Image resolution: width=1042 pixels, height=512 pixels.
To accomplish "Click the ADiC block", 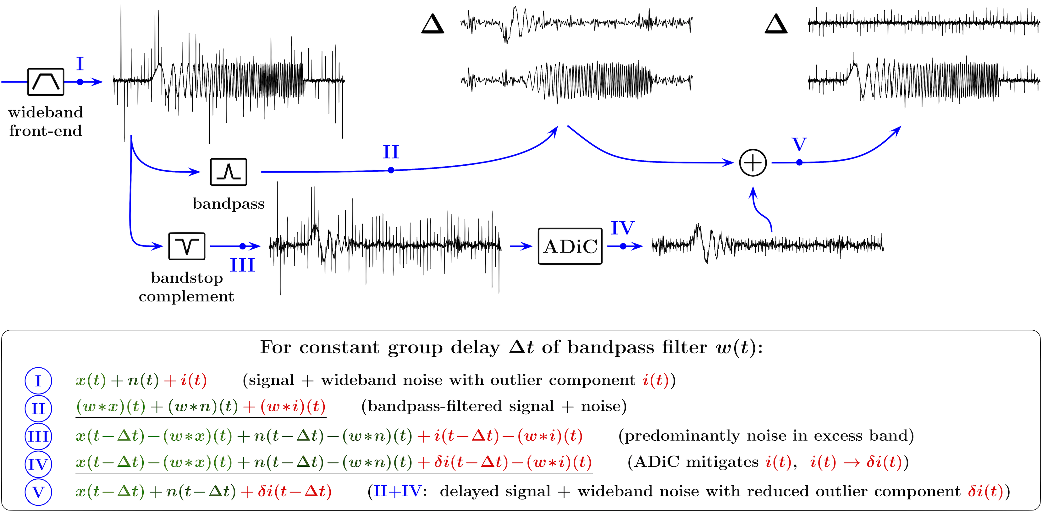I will click(x=570, y=246).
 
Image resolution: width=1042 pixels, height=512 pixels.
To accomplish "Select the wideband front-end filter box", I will click(x=46, y=82).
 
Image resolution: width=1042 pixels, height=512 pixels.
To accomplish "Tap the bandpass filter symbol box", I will click(x=228, y=172).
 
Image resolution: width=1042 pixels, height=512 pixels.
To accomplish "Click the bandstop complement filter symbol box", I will click(x=186, y=246).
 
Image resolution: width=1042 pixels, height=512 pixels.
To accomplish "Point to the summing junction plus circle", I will click(x=753, y=163).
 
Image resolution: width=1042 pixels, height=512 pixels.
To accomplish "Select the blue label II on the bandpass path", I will click(x=391, y=152).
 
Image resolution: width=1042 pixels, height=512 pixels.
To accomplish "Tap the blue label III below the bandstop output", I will click(x=243, y=265).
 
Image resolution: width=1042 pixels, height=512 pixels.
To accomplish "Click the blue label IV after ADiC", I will click(x=622, y=228).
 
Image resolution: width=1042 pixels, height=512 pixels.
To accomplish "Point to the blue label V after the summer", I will click(x=799, y=144).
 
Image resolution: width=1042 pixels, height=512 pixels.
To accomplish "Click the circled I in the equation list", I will click(x=38, y=381).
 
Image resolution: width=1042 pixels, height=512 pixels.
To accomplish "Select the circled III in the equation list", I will click(x=38, y=436).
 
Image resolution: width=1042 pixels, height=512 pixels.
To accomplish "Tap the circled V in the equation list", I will click(x=38, y=492).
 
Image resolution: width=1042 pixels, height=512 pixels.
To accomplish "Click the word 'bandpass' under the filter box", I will click(x=229, y=204).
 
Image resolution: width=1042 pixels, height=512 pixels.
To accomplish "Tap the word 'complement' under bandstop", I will click(x=186, y=297).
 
